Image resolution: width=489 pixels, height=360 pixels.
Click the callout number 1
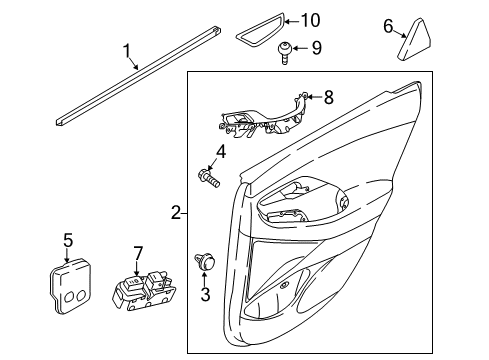126,51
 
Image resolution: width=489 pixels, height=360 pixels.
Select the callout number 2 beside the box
176,212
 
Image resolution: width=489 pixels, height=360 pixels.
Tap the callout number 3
205,294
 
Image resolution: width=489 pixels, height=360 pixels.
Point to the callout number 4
221,152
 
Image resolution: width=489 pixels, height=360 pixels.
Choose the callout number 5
68,240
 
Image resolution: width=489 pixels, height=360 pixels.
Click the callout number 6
388,26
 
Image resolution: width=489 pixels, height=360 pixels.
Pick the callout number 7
138,253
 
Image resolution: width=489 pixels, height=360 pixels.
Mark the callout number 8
329,97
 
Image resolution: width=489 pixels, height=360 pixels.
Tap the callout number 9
317,48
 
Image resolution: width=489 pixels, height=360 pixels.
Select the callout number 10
311,20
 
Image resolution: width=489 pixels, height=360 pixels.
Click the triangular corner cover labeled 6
414,40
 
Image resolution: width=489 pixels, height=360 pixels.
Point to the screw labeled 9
285,53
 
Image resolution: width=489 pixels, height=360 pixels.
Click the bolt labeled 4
209,178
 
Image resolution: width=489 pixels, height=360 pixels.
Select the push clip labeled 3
205,262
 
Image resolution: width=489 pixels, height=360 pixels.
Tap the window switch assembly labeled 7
144,290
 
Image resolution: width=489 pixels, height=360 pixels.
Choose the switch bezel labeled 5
70,286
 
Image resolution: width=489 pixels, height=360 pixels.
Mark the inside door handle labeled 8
263,118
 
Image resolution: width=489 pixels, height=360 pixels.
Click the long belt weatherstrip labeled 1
138,76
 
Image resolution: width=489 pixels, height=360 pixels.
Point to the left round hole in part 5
69,297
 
